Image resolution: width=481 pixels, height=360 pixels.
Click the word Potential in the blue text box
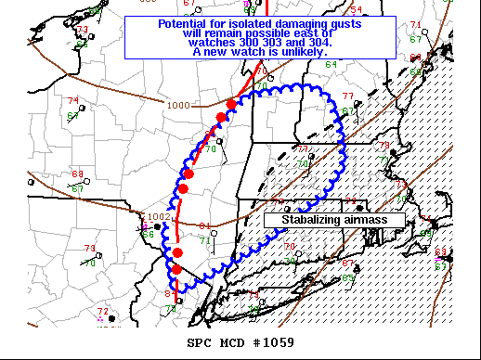(182, 23)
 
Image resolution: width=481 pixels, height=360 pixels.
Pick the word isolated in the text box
(248, 23)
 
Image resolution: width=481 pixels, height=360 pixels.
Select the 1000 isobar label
(178, 105)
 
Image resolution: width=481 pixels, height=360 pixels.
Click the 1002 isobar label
(159, 217)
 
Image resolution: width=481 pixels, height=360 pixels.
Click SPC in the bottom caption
(200, 342)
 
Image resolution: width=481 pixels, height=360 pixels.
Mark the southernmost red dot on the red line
(175, 269)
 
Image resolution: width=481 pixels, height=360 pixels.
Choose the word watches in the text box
(209, 43)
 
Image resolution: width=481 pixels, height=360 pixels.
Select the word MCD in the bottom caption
(230, 342)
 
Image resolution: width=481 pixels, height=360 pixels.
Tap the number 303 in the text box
(268, 43)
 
